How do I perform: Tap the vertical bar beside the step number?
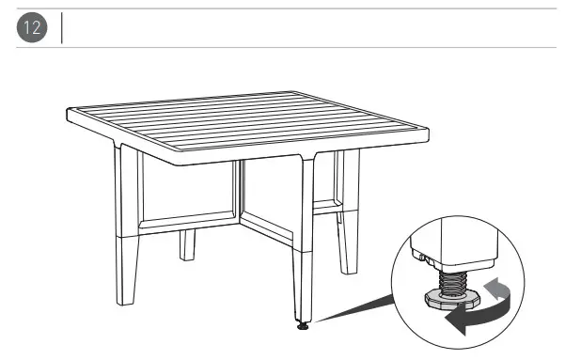point(62,27)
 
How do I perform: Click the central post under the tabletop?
point(239,193)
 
